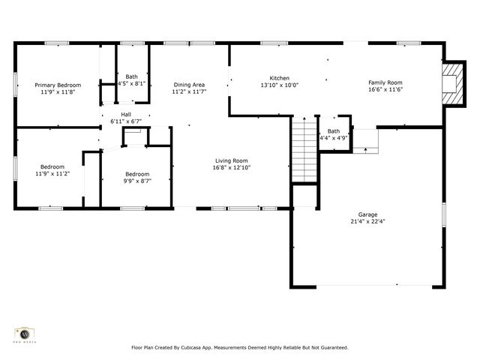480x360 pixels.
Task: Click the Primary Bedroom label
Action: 58,85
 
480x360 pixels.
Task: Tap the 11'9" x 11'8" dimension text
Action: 58,92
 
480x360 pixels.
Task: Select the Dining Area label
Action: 189,85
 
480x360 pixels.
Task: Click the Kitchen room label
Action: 279,78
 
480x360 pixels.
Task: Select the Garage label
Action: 367,214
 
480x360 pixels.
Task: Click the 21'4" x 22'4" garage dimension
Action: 367,221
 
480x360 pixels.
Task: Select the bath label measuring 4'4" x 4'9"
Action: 333,131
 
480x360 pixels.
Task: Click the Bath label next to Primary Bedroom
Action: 131,76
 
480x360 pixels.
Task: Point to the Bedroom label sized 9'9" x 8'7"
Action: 137,173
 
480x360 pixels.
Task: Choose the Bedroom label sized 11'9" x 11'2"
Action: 52,166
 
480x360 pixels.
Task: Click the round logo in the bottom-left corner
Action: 24,333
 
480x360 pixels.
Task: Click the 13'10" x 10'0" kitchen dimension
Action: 279,85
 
